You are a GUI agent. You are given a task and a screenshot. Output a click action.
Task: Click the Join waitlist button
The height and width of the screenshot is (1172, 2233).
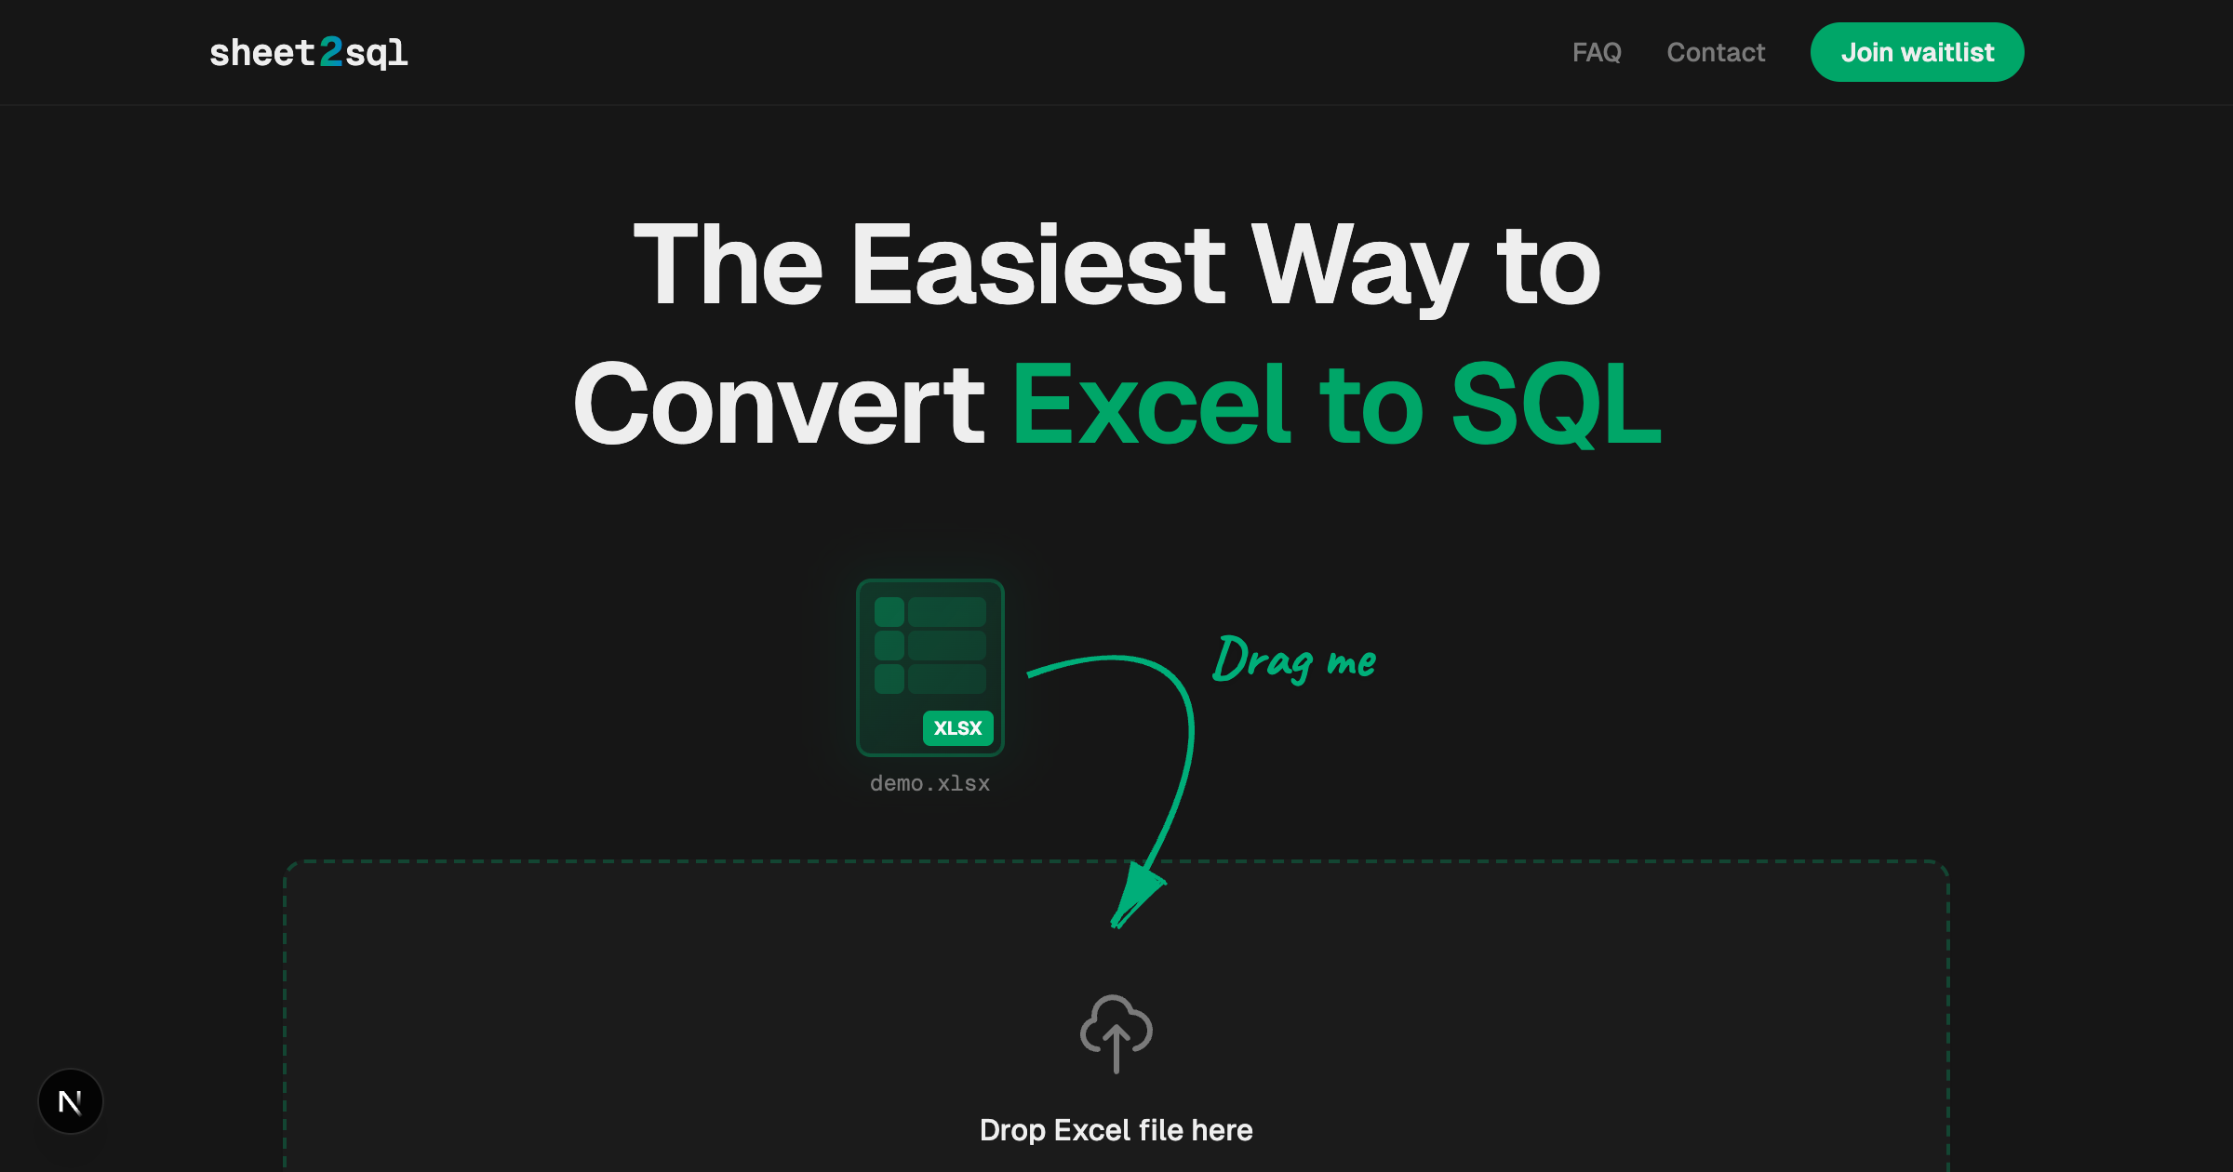coord(1917,52)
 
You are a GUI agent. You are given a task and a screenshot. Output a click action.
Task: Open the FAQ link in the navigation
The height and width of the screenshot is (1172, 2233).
coord(1597,52)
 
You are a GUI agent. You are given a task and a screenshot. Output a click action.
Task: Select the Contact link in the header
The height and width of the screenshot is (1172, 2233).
coord(1716,52)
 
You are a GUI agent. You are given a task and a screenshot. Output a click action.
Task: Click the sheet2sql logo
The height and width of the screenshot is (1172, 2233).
coord(308,53)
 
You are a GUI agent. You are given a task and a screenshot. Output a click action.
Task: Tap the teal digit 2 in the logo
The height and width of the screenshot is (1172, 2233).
coord(331,52)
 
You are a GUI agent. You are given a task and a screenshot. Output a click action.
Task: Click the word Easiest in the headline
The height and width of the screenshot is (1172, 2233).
coord(1037,267)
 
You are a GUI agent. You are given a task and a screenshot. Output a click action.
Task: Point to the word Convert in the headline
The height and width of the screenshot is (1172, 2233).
coord(779,405)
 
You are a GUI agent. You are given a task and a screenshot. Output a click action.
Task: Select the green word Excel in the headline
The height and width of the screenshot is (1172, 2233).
coord(1151,405)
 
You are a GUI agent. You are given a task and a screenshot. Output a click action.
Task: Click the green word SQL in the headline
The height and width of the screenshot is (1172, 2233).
coord(1556,405)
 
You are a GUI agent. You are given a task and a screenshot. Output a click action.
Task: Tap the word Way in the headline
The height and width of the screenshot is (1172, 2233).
coord(1359,267)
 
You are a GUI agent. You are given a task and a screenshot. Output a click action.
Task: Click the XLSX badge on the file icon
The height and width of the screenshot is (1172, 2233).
coord(957,727)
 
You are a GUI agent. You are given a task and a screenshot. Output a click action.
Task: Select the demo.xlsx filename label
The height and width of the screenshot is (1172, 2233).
coord(929,783)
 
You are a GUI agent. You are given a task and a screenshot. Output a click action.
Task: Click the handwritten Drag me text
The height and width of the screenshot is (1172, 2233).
coord(1294,659)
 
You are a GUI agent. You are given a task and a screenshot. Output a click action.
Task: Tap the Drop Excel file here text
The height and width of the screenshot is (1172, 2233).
coord(1116,1130)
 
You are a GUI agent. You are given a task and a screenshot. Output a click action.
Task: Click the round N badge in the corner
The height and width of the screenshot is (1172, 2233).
coord(71,1102)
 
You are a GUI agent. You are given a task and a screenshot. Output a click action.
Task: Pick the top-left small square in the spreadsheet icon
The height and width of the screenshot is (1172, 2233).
coord(889,612)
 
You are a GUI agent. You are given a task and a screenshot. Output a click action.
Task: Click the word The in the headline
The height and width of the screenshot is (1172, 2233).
coord(728,267)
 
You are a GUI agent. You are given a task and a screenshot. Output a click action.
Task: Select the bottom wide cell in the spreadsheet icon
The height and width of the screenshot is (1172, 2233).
coord(946,679)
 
